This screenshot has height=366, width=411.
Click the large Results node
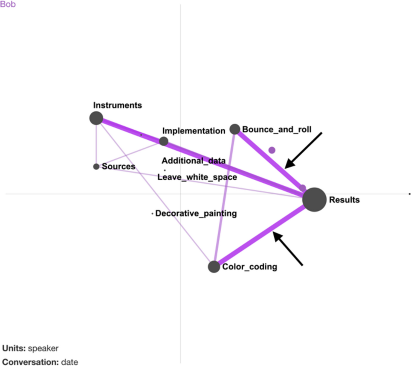tap(314, 200)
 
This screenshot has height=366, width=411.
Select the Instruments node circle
tap(96, 118)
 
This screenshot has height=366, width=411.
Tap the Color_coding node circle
tap(214, 267)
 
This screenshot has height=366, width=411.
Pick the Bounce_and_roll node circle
tap(235, 129)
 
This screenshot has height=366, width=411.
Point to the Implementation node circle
tap(164, 141)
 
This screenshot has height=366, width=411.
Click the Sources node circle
tap(96, 166)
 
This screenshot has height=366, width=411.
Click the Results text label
tap(344, 200)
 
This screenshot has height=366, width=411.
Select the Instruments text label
tap(117, 105)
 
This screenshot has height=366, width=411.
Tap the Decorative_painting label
tap(196, 213)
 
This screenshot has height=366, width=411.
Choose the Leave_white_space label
tap(197, 177)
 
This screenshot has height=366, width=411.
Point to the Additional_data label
tap(193, 161)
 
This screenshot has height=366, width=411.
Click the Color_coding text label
tap(250, 267)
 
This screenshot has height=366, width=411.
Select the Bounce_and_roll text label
tap(277, 129)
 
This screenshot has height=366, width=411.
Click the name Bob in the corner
tap(8, 4)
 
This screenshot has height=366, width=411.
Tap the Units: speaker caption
tap(30, 349)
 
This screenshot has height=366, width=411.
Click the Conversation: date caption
tap(40, 362)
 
